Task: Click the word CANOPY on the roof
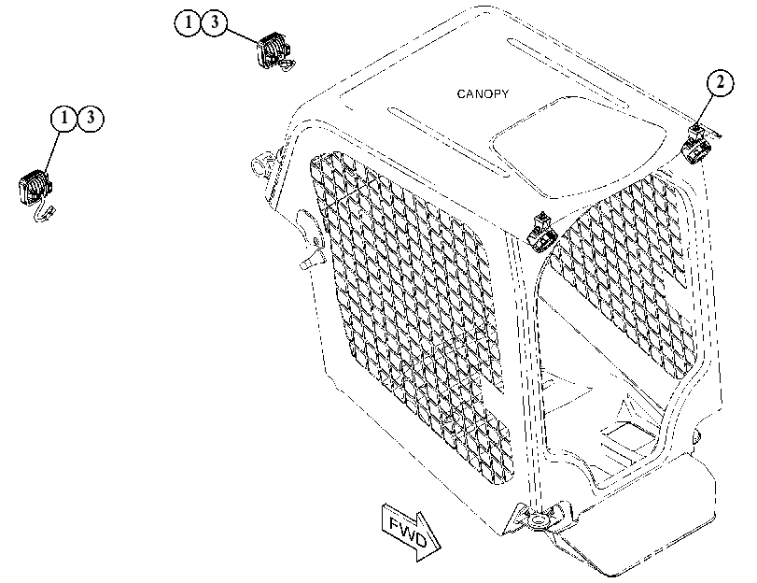[x=483, y=93]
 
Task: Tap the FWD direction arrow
[x=412, y=532]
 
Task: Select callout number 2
[x=720, y=82]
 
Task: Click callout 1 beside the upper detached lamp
[x=188, y=22]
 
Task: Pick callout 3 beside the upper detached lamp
[x=214, y=22]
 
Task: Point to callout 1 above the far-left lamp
[x=64, y=119]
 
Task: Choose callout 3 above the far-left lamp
[x=91, y=119]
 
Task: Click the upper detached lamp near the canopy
[x=274, y=50]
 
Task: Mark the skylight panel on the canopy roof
[x=580, y=148]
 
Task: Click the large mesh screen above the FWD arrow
[x=411, y=314]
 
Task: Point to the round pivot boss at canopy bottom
[x=538, y=521]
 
